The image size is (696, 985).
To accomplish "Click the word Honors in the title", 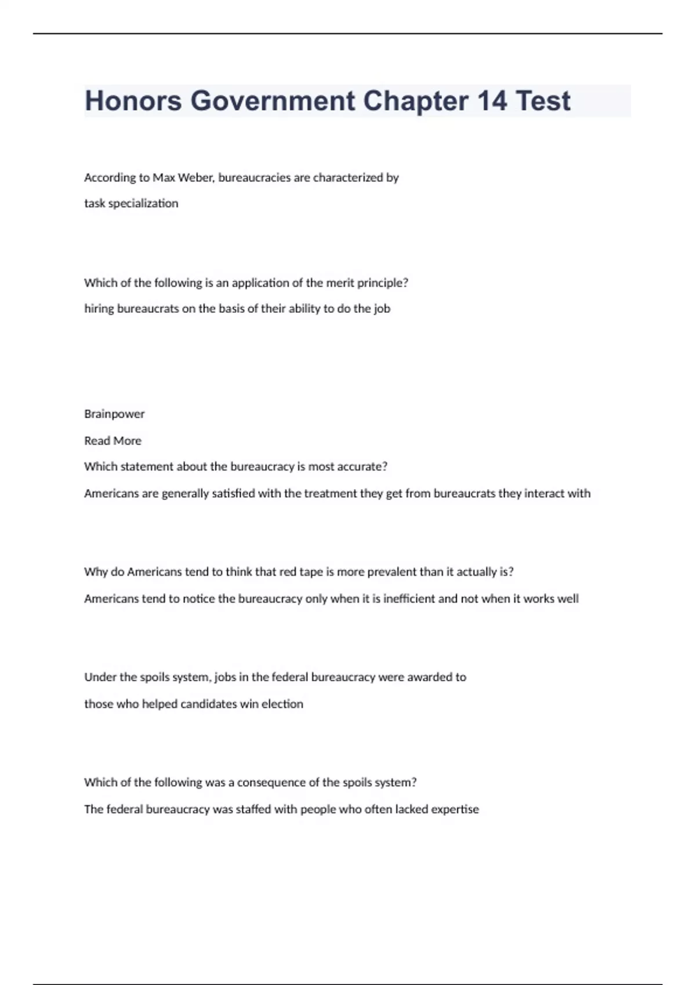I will (133, 101).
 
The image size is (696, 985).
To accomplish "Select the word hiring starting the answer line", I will (99, 309).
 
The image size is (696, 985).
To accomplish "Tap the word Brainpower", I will (114, 414).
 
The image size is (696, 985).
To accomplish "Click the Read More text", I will (113, 441).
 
